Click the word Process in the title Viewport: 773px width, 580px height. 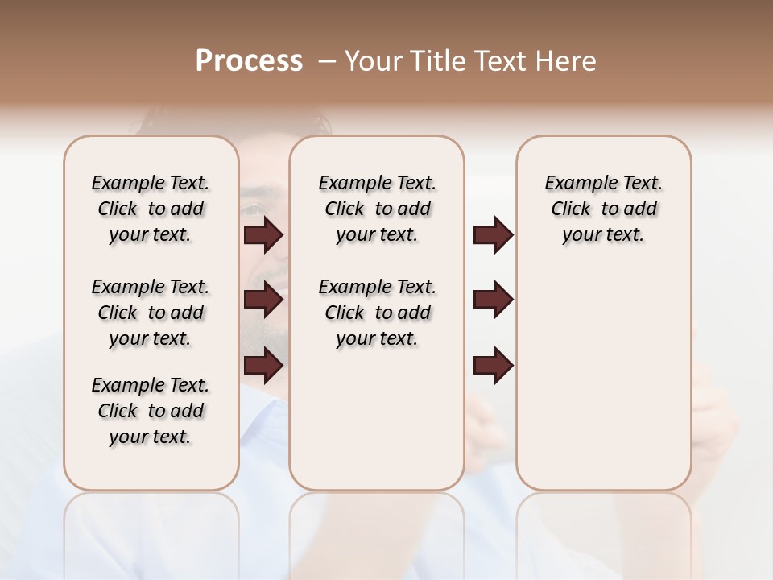(x=248, y=61)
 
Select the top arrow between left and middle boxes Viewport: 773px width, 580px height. (x=263, y=235)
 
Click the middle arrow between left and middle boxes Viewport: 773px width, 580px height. (x=263, y=300)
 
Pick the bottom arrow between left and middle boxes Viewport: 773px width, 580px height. (x=263, y=366)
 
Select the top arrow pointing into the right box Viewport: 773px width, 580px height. (x=493, y=235)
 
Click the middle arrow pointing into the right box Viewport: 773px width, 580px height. (x=493, y=300)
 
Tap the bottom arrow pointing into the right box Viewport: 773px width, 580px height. (x=493, y=366)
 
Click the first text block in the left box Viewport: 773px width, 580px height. (x=151, y=209)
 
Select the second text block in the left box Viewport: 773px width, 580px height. (x=151, y=313)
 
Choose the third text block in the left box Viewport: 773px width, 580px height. (x=151, y=411)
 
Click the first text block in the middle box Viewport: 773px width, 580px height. (x=377, y=209)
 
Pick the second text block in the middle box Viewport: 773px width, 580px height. (x=377, y=313)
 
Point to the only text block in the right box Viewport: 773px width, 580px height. (x=603, y=209)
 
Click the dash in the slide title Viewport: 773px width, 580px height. (x=326, y=61)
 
